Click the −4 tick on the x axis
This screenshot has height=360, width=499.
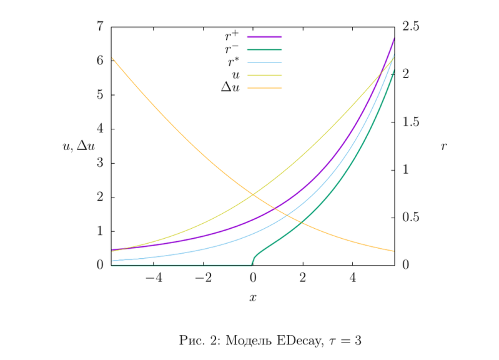[x=153, y=277]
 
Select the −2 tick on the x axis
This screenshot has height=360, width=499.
[x=203, y=277]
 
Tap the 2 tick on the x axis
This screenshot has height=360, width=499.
[x=303, y=277]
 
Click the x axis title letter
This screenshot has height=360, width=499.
[x=253, y=297]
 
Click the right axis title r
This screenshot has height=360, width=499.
[x=444, y=146]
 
